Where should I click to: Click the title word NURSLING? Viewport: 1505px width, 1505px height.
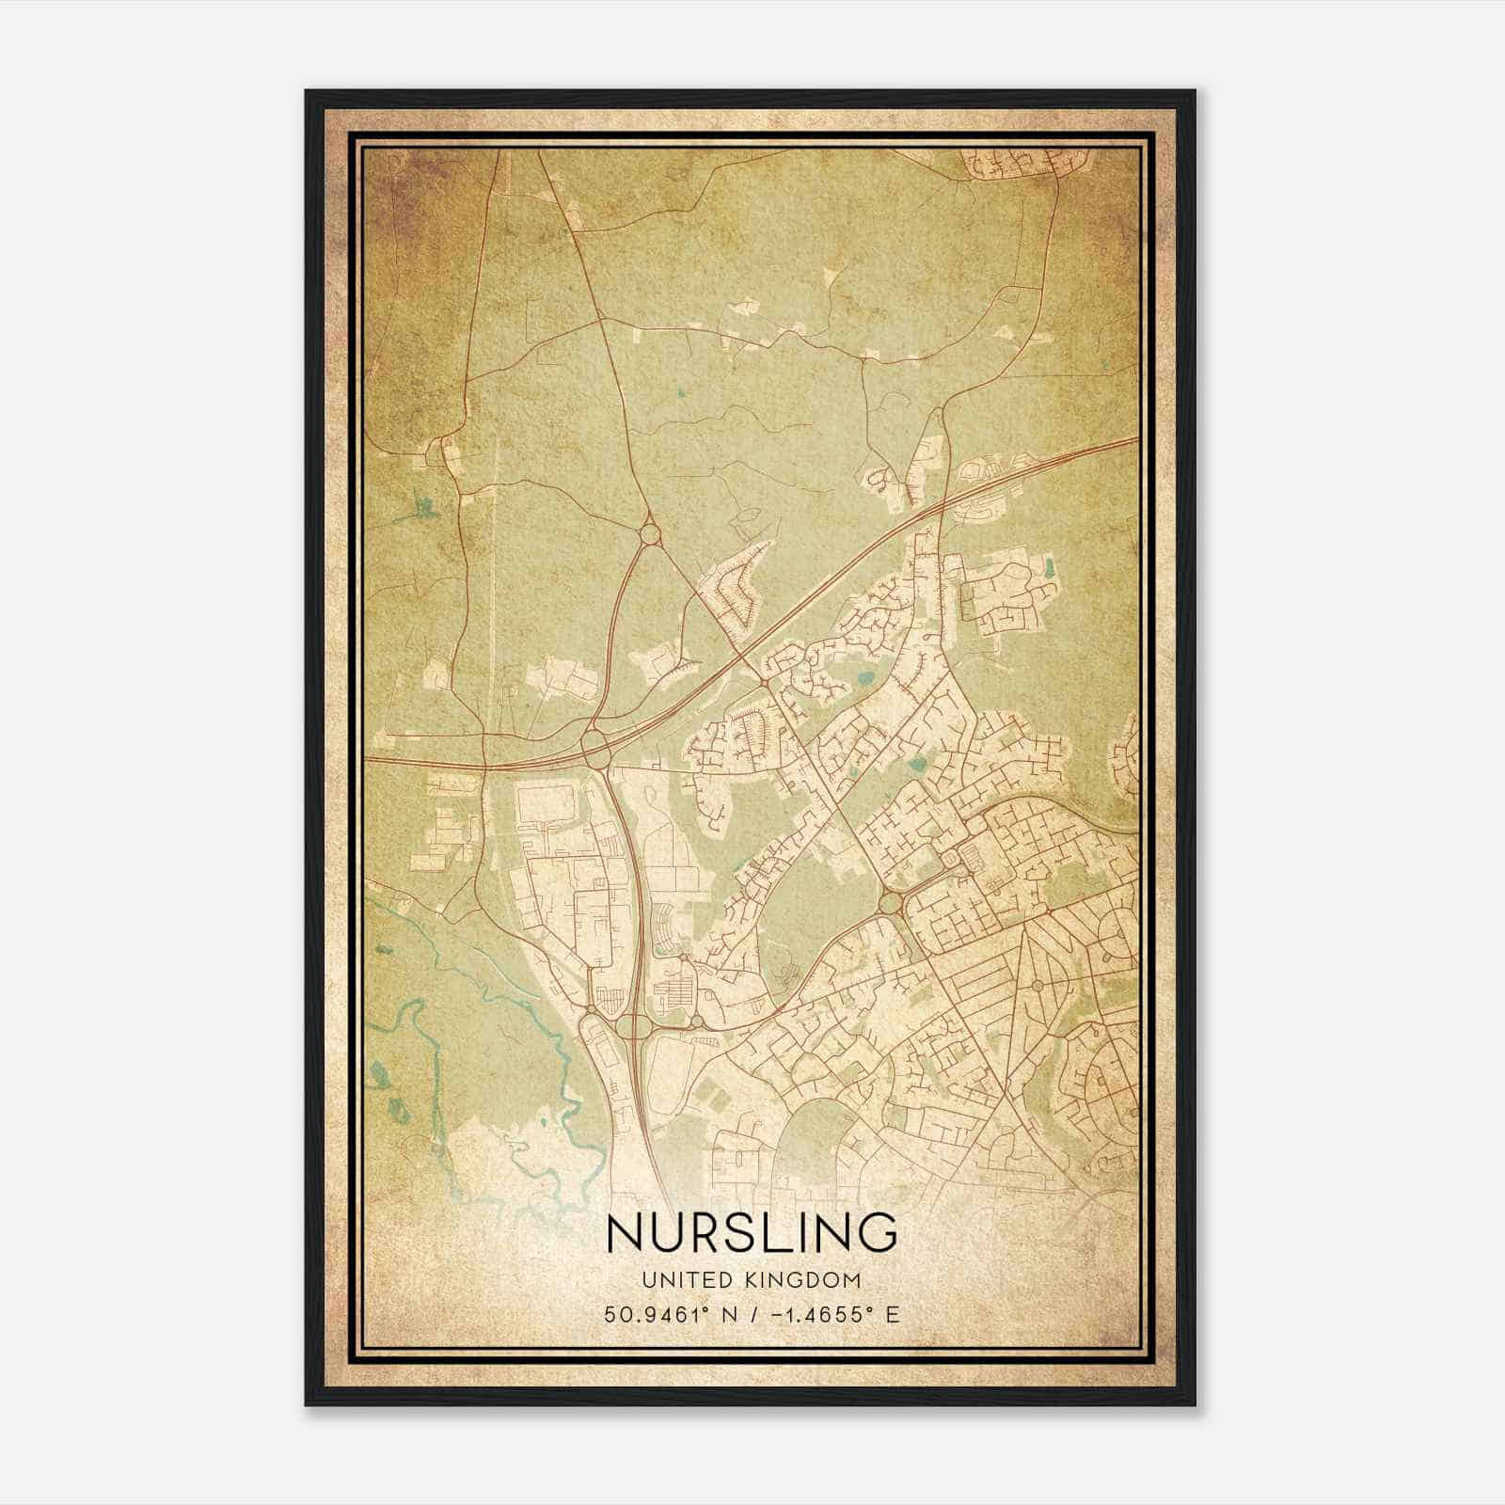752,1232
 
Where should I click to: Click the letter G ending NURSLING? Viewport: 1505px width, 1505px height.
877,1232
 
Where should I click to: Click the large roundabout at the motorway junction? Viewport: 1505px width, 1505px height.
596,749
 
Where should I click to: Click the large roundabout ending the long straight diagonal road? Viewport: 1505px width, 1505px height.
890,904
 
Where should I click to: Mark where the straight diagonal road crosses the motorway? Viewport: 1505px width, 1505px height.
740,652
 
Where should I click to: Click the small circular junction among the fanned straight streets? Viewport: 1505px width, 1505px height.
1036,984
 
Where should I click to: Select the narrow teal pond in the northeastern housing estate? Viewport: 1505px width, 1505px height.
1049,567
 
